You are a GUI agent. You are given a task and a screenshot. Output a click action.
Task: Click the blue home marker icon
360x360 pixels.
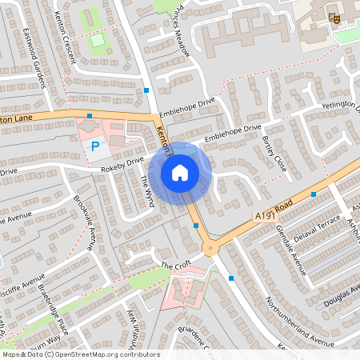(x=179, y=172)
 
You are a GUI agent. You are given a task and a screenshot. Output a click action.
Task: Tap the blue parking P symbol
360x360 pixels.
(x=95, y=146)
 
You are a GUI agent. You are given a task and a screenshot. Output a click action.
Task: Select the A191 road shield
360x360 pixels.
(x=266, y=216)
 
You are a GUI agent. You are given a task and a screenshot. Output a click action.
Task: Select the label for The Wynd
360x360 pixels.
(x=148, y=192)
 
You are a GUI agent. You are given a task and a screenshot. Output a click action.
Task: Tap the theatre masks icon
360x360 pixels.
(x=334, y=17)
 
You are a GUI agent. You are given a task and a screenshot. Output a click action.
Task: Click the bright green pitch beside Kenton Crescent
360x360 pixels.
(x=98, y=39)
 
